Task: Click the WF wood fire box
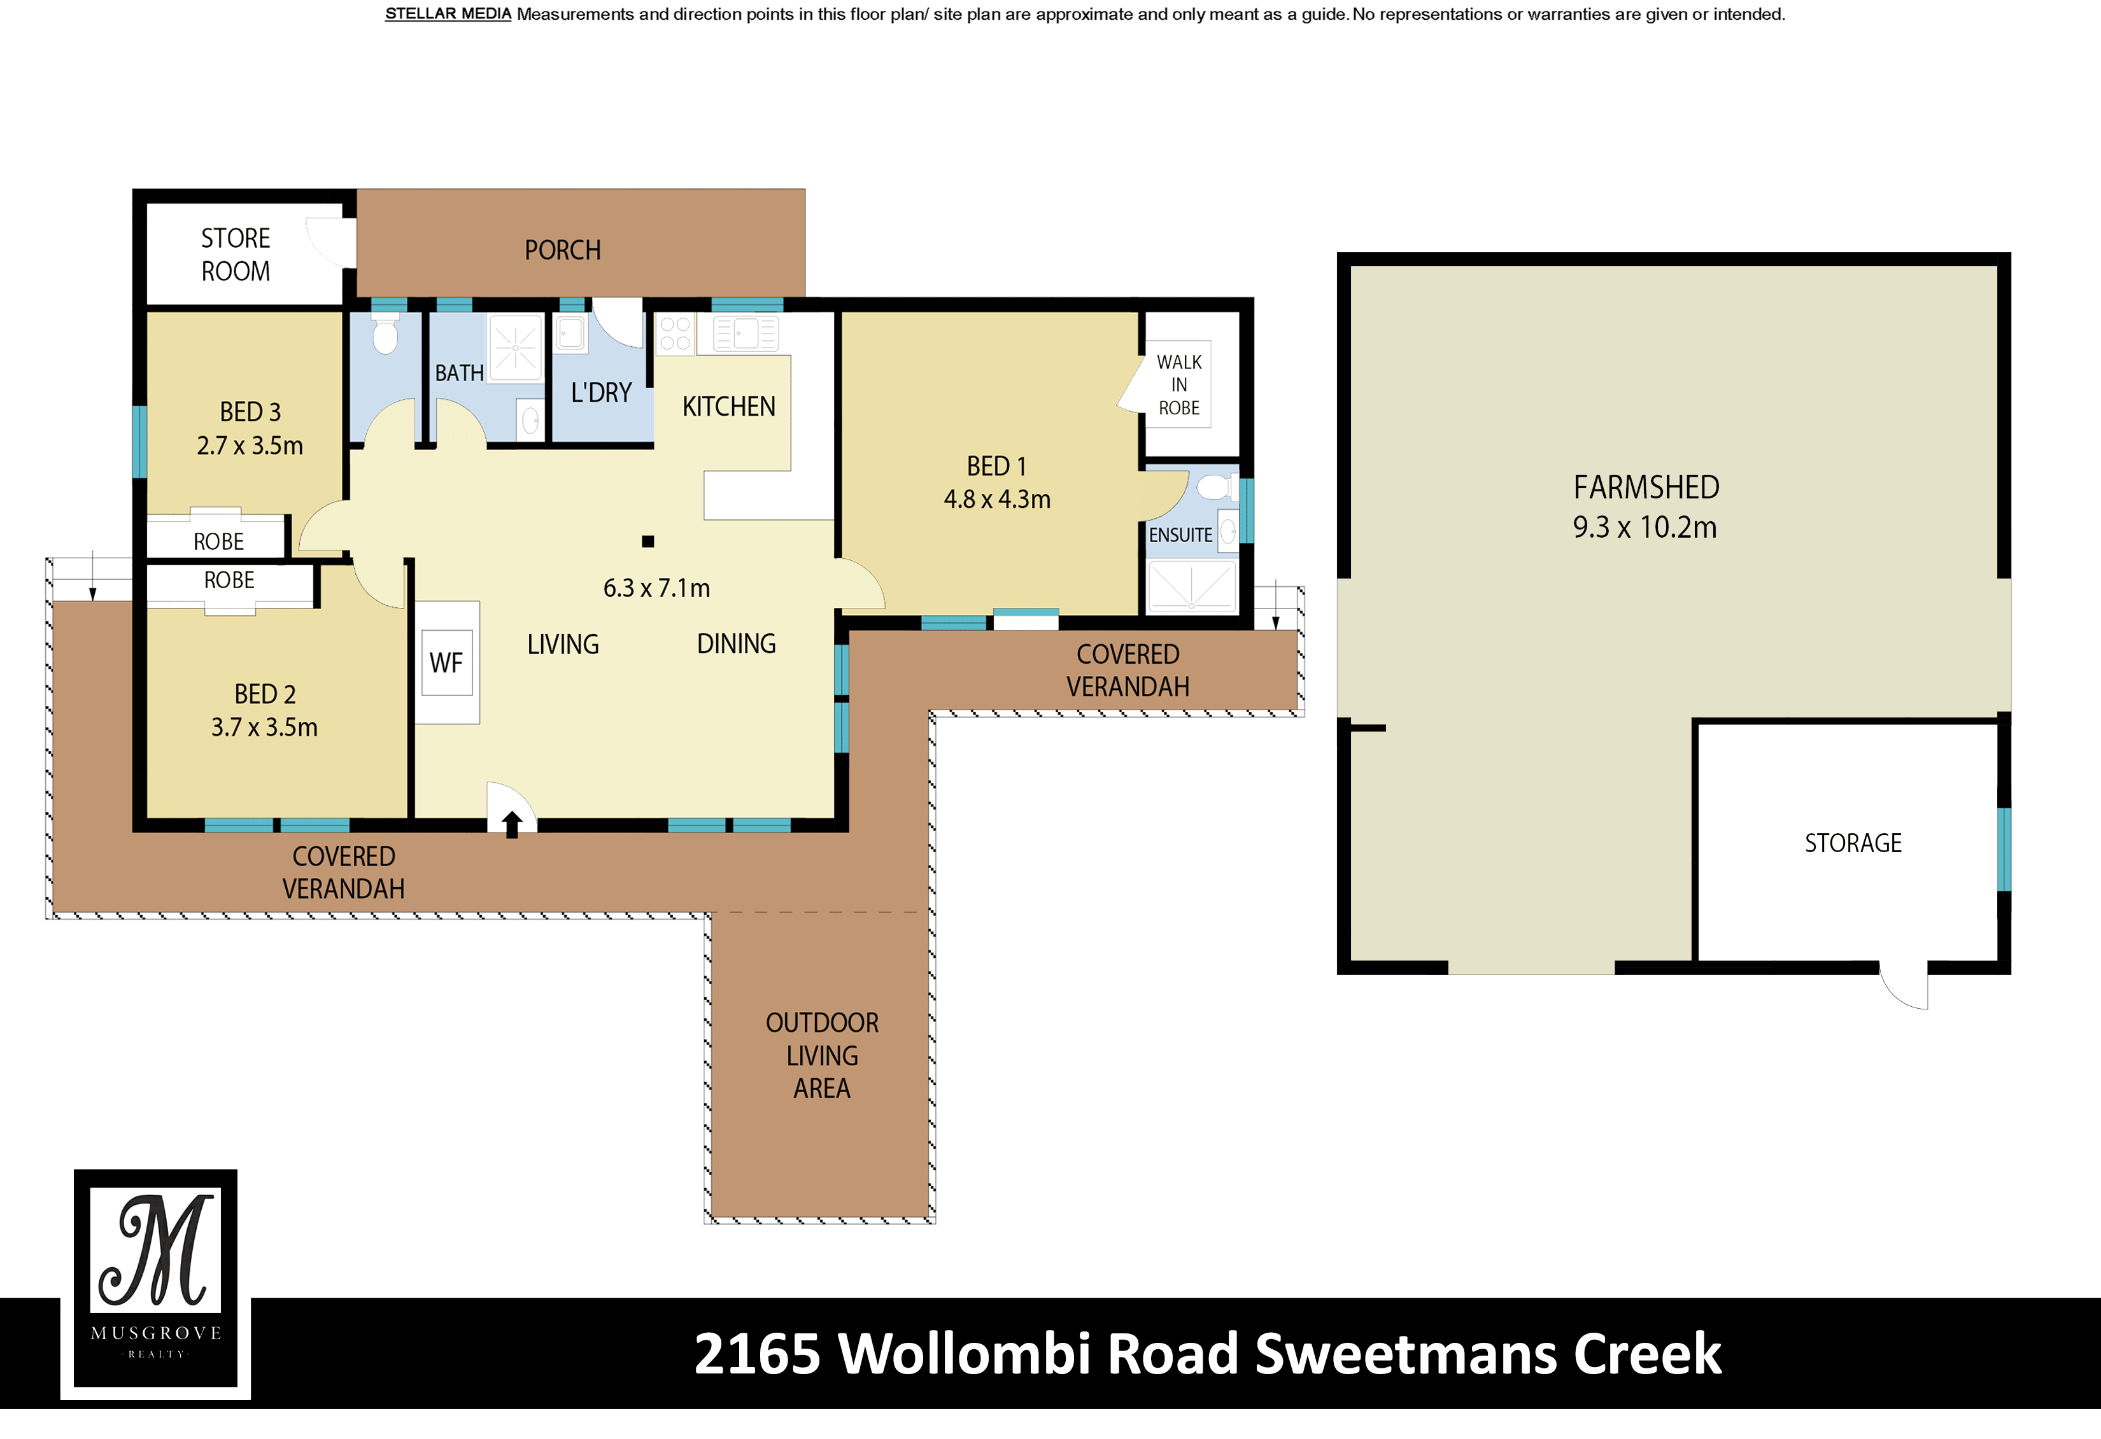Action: click(446, 663)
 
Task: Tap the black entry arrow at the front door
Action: click(512, 824)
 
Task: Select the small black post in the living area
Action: click(647, 542)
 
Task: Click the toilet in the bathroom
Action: click(385, 334)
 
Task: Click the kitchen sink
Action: click(746, 333)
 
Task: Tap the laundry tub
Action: click(570, 333)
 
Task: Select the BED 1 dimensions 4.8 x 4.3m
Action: click(997, 499)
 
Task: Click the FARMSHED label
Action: click(1646, 488)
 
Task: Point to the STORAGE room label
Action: click(1853, 843)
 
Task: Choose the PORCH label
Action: click(562, 250)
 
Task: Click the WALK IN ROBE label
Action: click(1179, 385)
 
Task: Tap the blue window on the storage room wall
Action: click(2004, 849)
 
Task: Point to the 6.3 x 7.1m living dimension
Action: click(656, 589)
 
